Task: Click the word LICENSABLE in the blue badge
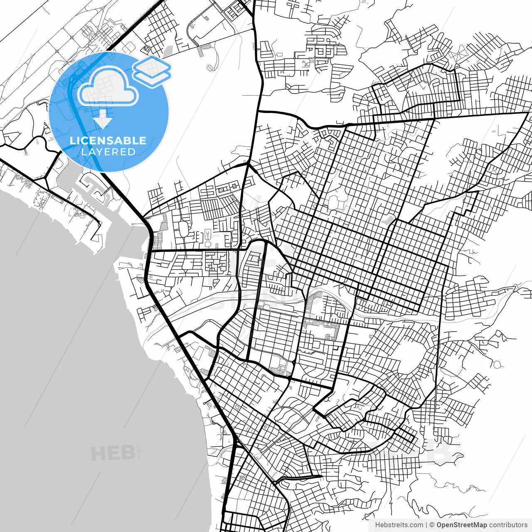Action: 108,140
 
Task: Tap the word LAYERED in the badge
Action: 108,152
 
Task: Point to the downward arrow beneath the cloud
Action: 103,121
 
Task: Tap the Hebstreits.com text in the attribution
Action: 399,525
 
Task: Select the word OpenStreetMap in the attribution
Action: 461,525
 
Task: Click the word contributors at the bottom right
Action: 508,525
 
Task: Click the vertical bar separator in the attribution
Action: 426,525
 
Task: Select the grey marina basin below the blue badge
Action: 66,179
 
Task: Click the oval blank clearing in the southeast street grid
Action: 409,353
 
